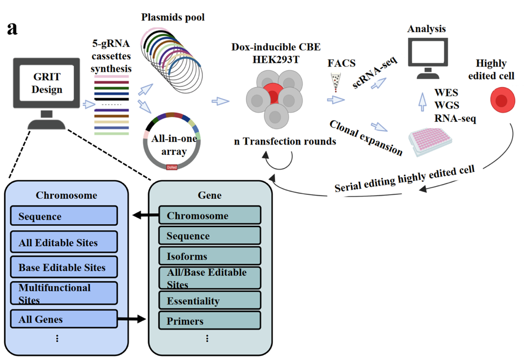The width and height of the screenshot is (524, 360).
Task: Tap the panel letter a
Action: (x=12, y=28)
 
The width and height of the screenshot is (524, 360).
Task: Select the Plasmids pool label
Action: (x=173, y=18)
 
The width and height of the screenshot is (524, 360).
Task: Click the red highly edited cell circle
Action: (x=499, y=100)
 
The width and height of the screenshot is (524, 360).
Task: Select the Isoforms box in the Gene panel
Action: (x=209, y=256)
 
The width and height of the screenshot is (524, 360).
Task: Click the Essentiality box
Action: (x=209, y=300)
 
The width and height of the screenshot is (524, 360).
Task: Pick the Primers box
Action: (x=209, y=321)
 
